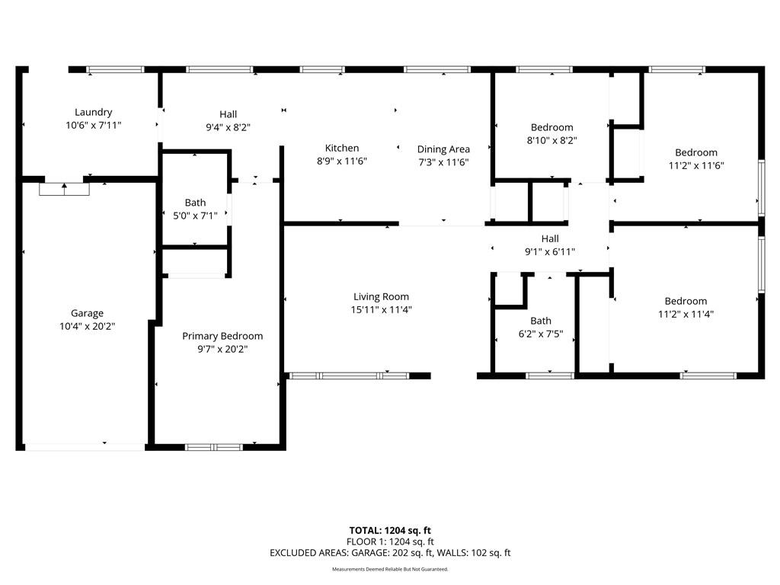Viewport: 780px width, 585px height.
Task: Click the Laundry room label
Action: (x=94, y=113)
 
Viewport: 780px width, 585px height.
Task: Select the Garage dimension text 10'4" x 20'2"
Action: (x=88, y=326)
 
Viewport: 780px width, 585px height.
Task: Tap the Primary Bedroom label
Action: (x=222, y=336)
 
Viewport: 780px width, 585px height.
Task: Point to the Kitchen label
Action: (x=342, y=149)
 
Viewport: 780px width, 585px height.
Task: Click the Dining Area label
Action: (x=443, y=149)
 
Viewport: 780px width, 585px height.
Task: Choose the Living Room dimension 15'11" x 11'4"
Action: (x=381, y=310)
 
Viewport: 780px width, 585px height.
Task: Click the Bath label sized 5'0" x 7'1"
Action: (x=195, y=203)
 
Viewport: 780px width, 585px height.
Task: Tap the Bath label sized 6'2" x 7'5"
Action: (x=541, y=321)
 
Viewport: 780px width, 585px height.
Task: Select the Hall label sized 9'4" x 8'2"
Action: (x=229, y=114)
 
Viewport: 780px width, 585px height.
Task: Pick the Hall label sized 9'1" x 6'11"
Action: (x=550, y=238)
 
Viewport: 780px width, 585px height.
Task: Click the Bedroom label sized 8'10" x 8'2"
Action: (x=551, y=127)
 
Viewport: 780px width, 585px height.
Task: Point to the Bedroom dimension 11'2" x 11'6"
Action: (x=696, y=165)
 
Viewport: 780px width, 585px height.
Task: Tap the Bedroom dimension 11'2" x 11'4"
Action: (x=686, y=314)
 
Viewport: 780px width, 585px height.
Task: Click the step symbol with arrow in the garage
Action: (x=64, y=189)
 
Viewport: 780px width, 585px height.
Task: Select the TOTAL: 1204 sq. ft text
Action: (x=390, y=530)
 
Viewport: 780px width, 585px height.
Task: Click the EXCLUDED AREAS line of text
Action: (x=390, y=553)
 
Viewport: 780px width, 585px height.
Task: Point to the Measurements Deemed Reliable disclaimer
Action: (x=390, y=569)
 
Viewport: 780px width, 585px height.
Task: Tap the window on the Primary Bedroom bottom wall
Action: (x=214, y=447)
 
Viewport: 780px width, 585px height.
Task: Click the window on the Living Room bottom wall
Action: (x=349, y=376)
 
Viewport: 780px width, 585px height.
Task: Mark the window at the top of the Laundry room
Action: (x=115, y=69)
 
